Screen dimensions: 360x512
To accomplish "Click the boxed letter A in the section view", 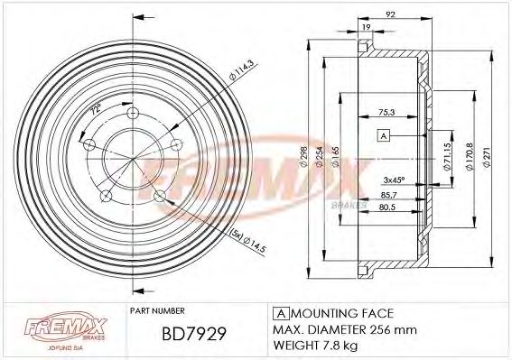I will coord(384,135).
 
